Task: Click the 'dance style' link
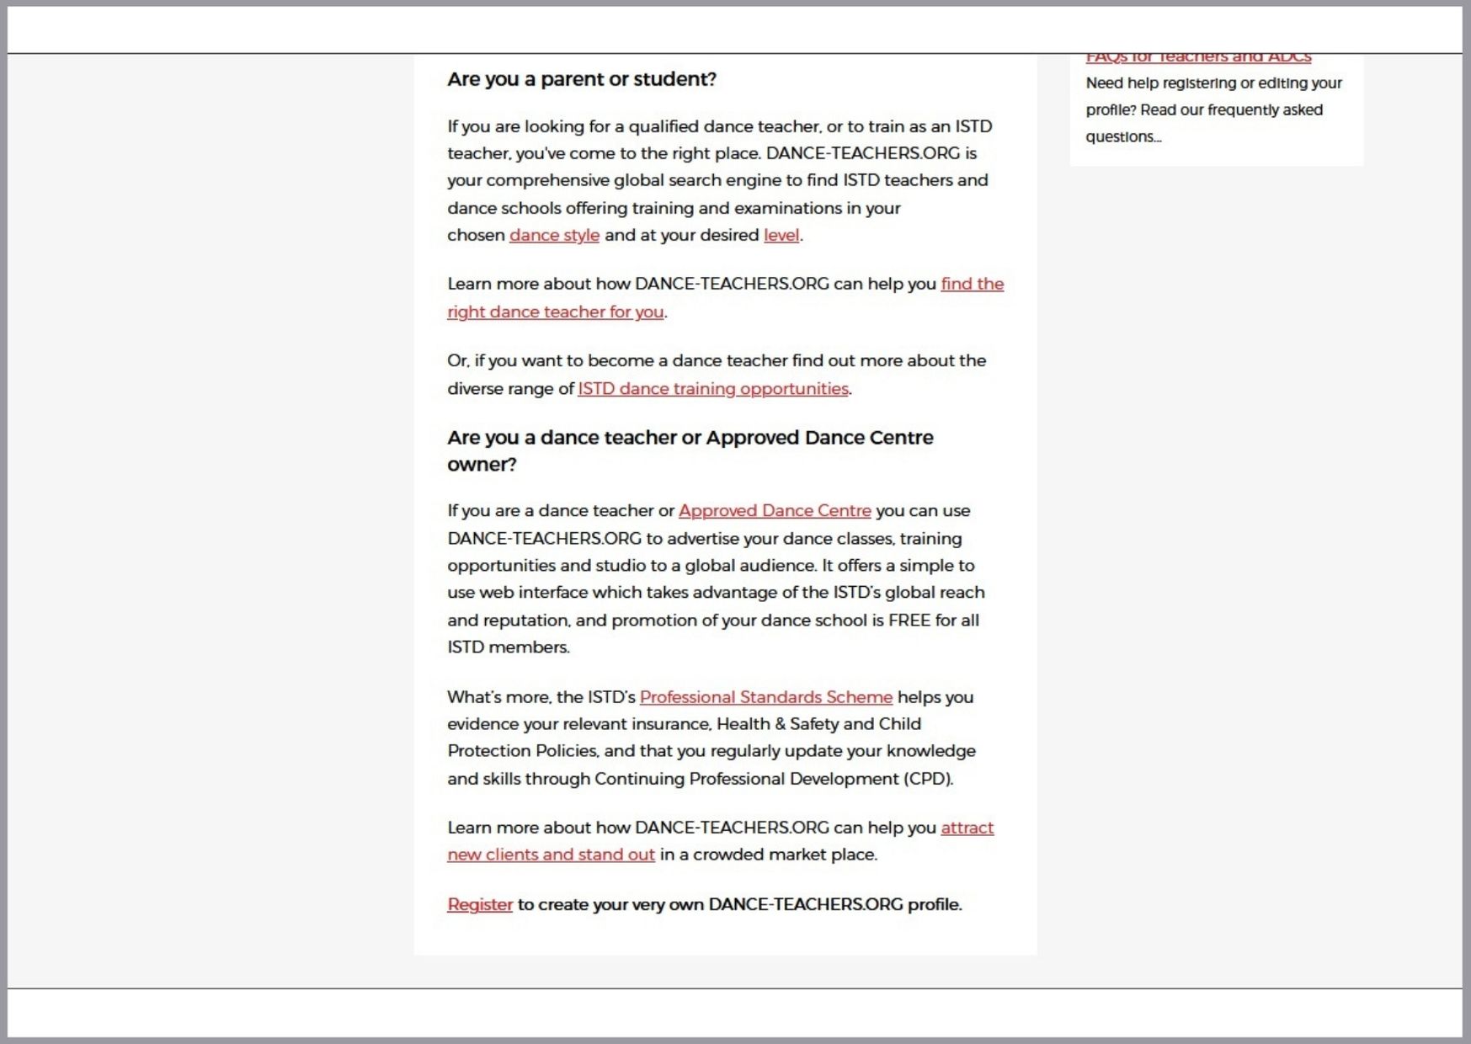(x=554, y=236)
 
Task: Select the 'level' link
(x=781, y=236)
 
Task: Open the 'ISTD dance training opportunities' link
(x=712, y=389)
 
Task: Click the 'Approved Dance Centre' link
(x=775, y=511)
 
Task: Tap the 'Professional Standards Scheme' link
(x=765, y=697)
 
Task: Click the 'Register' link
(x=480, y=904)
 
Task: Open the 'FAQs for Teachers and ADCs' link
(x=1198, y=58)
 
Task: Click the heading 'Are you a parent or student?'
(x=581, y=79)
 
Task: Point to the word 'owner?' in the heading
(x=482, y=465)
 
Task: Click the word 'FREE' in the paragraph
(x=909, y=621)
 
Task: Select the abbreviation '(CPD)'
(x=928, y=779)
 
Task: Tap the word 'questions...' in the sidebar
(x=1123, y=137)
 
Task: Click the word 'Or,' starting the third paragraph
(x=458, y=361)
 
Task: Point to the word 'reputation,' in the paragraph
(x=527, y=621)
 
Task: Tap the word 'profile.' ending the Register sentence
(x=935, y=904)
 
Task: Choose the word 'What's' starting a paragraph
(x=474, y=697)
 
